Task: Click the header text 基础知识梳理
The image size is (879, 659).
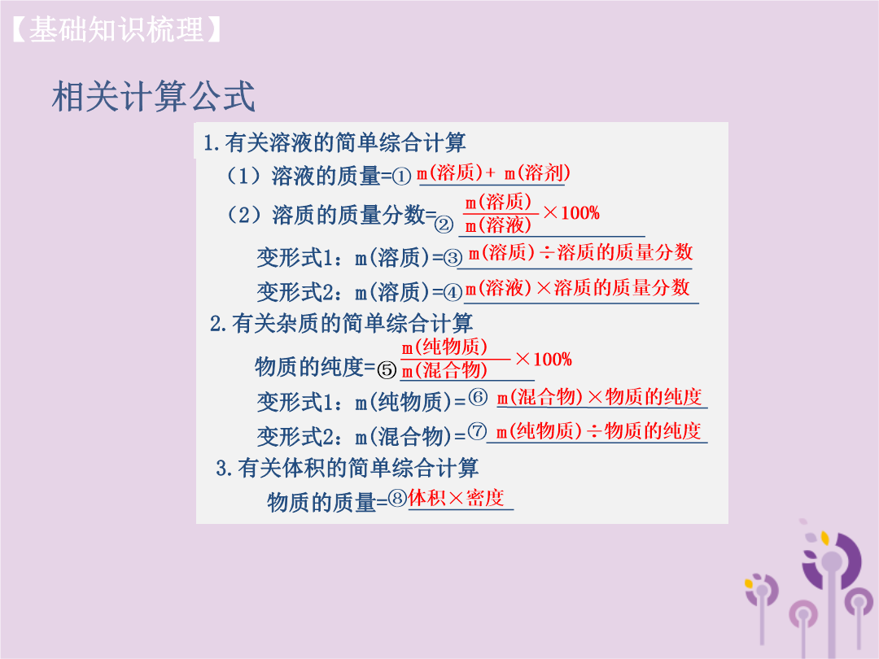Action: point(116,30)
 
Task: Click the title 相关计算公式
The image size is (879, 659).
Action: point(154,96)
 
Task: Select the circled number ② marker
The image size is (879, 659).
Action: point(444,225)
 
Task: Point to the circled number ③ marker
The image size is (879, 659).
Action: point(453,258)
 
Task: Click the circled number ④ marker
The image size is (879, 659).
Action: point(453,292)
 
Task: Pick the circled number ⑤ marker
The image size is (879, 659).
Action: point(387,370)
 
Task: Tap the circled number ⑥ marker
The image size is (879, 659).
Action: point(478,397)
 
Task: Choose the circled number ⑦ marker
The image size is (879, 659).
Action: point(477,431)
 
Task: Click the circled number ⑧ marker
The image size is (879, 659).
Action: point(397,498)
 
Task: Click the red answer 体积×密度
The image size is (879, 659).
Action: point(457,498)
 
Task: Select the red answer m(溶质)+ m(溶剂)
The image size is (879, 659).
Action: point(493,172)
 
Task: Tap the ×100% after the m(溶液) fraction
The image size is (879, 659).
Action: point(571,213)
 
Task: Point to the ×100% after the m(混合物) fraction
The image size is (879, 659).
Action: point(543,360)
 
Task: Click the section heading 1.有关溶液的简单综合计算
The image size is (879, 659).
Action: point(335,142)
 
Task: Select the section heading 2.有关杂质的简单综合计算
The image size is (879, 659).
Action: point(341,323)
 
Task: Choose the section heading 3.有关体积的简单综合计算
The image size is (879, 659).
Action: point(347,468)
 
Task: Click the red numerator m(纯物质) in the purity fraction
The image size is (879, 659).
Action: point(444,347)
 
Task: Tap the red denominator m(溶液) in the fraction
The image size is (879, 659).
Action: point(498,225)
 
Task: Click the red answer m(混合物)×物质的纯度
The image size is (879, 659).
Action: point(599,397)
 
